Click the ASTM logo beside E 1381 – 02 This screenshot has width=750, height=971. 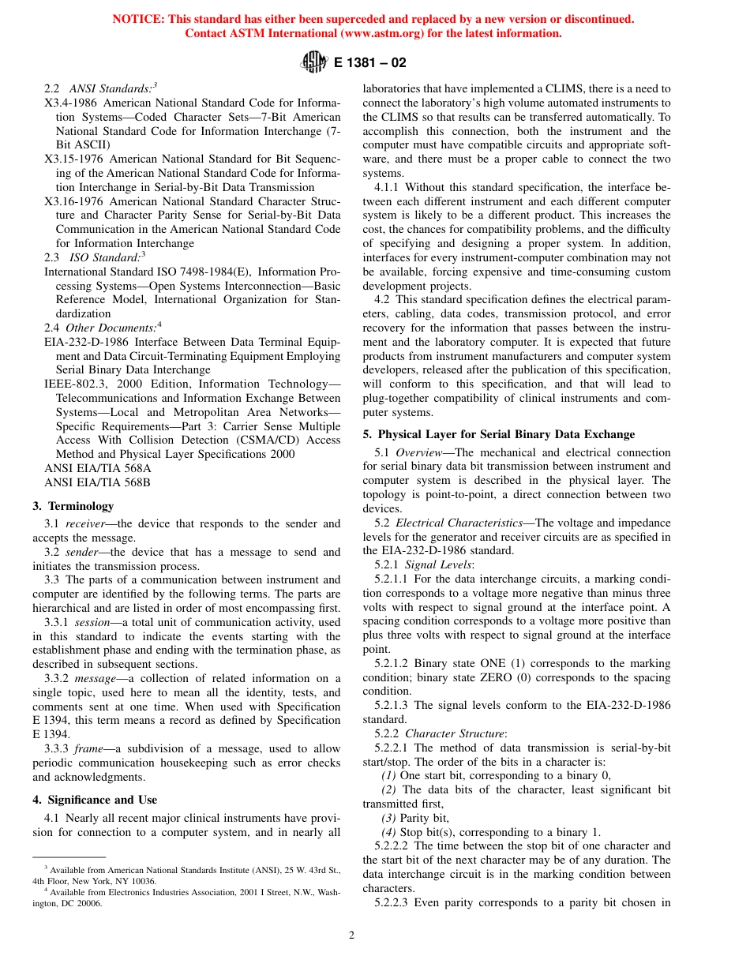[313, 62]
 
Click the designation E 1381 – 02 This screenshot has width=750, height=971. [370, 62]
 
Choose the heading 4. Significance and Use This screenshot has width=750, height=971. [95, 800]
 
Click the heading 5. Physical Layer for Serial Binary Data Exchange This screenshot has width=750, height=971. [498, 434]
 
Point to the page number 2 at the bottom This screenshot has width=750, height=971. [352, 935]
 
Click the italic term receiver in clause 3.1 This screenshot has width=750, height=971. [84, 523]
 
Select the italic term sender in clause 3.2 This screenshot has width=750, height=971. [82, 552]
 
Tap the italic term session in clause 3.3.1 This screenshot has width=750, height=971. [91, 622]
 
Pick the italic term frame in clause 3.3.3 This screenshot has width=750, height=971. [88, 748]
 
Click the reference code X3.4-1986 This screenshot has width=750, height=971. [71, 103]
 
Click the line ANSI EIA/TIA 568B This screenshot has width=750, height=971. [97, 482]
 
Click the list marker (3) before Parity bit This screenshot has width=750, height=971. [389, 818]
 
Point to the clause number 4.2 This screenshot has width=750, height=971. [382, 300]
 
